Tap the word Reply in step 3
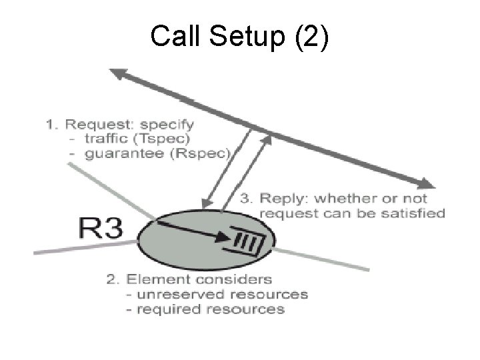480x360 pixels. click(282, 199)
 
